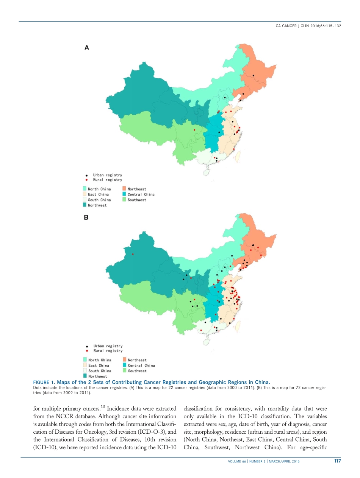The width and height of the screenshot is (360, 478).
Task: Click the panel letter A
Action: [x=86, y=48]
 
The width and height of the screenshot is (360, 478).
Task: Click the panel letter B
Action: [x=86, y=218]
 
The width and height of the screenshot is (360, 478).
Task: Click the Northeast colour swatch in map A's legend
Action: [x=124, y=189]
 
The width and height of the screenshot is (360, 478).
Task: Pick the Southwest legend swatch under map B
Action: [x=124, y=371]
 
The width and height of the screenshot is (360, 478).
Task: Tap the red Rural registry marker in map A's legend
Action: [x=86, y=180]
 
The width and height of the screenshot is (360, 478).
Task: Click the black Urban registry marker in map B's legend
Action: [x=87, y=346]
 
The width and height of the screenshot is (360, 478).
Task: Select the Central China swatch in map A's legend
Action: [x=124, y=194]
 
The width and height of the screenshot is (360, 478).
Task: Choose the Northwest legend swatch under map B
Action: [x=85, y=376]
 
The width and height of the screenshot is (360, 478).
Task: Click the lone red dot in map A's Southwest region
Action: [x=194, y=130]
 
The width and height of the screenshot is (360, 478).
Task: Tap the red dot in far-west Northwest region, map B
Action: [x=133, y=254]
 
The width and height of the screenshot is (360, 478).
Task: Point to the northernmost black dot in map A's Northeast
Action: [x=253, y=76]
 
